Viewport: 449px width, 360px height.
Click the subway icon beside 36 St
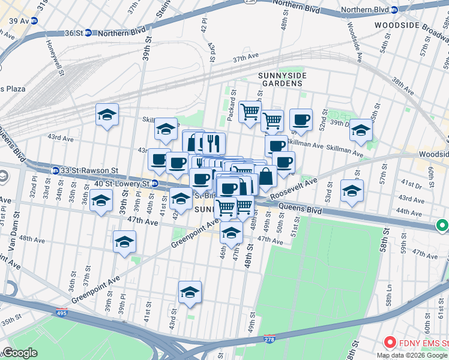pos(88,33)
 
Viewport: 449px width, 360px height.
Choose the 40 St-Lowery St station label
pos(119,183)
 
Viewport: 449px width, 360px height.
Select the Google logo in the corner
pos(20,353)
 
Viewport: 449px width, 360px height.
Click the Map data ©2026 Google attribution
pos(412,355)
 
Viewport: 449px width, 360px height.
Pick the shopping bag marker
pos(266,178)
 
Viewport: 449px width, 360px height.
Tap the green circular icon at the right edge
pos(442,226)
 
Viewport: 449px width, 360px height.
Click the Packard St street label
pos(232,104)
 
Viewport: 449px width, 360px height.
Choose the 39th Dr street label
pos(341,122)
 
